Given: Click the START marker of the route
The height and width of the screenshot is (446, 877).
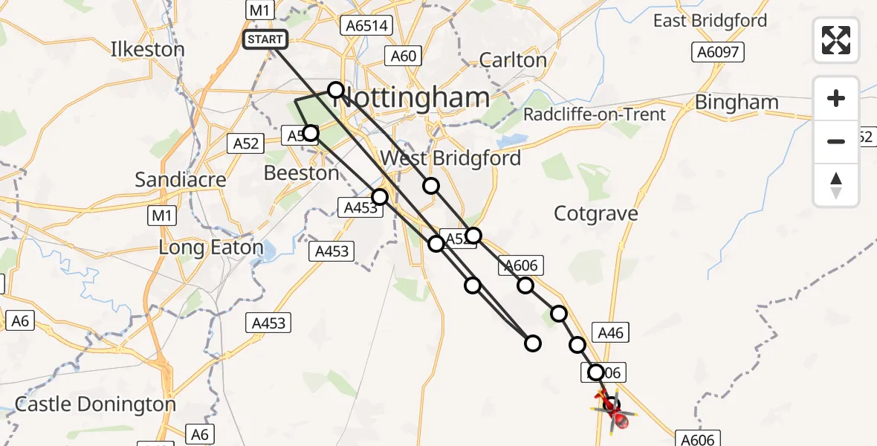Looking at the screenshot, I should pos(265,39).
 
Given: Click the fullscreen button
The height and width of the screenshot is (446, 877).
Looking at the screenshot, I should pos(836,39).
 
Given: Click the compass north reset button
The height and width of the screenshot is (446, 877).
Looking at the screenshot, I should pos(836,185).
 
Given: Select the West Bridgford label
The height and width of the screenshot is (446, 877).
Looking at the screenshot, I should pos(450,158).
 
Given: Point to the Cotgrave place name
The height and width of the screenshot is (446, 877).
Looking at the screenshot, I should pos(596,214).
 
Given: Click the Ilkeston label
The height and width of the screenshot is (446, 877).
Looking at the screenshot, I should pos(147,49).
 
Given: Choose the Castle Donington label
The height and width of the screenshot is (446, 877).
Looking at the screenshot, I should pos(95,404).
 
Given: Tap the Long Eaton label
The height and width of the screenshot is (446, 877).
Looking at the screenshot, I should pos(211,248).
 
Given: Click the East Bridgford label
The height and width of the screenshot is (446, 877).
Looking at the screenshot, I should pos(710,21).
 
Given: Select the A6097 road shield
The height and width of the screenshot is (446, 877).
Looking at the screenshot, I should pos(717,51).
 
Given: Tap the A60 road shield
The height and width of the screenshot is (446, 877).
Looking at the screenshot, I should pos(404,55).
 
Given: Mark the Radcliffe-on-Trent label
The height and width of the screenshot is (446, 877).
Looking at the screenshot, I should pos(595,114).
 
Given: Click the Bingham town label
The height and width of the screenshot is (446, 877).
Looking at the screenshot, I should pos(737,103).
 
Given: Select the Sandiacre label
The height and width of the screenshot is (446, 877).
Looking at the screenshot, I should pos(181,179).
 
